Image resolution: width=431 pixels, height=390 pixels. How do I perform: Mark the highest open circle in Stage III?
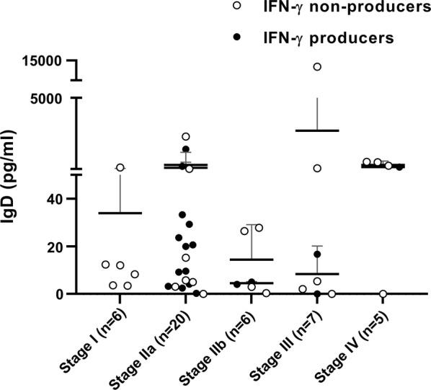pos(316,67)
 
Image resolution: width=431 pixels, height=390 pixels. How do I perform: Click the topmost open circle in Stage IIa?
pos(185,136)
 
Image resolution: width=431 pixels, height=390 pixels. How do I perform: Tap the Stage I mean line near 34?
pos(120,213)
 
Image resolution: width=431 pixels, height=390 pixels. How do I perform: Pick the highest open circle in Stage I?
pos(120,167)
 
